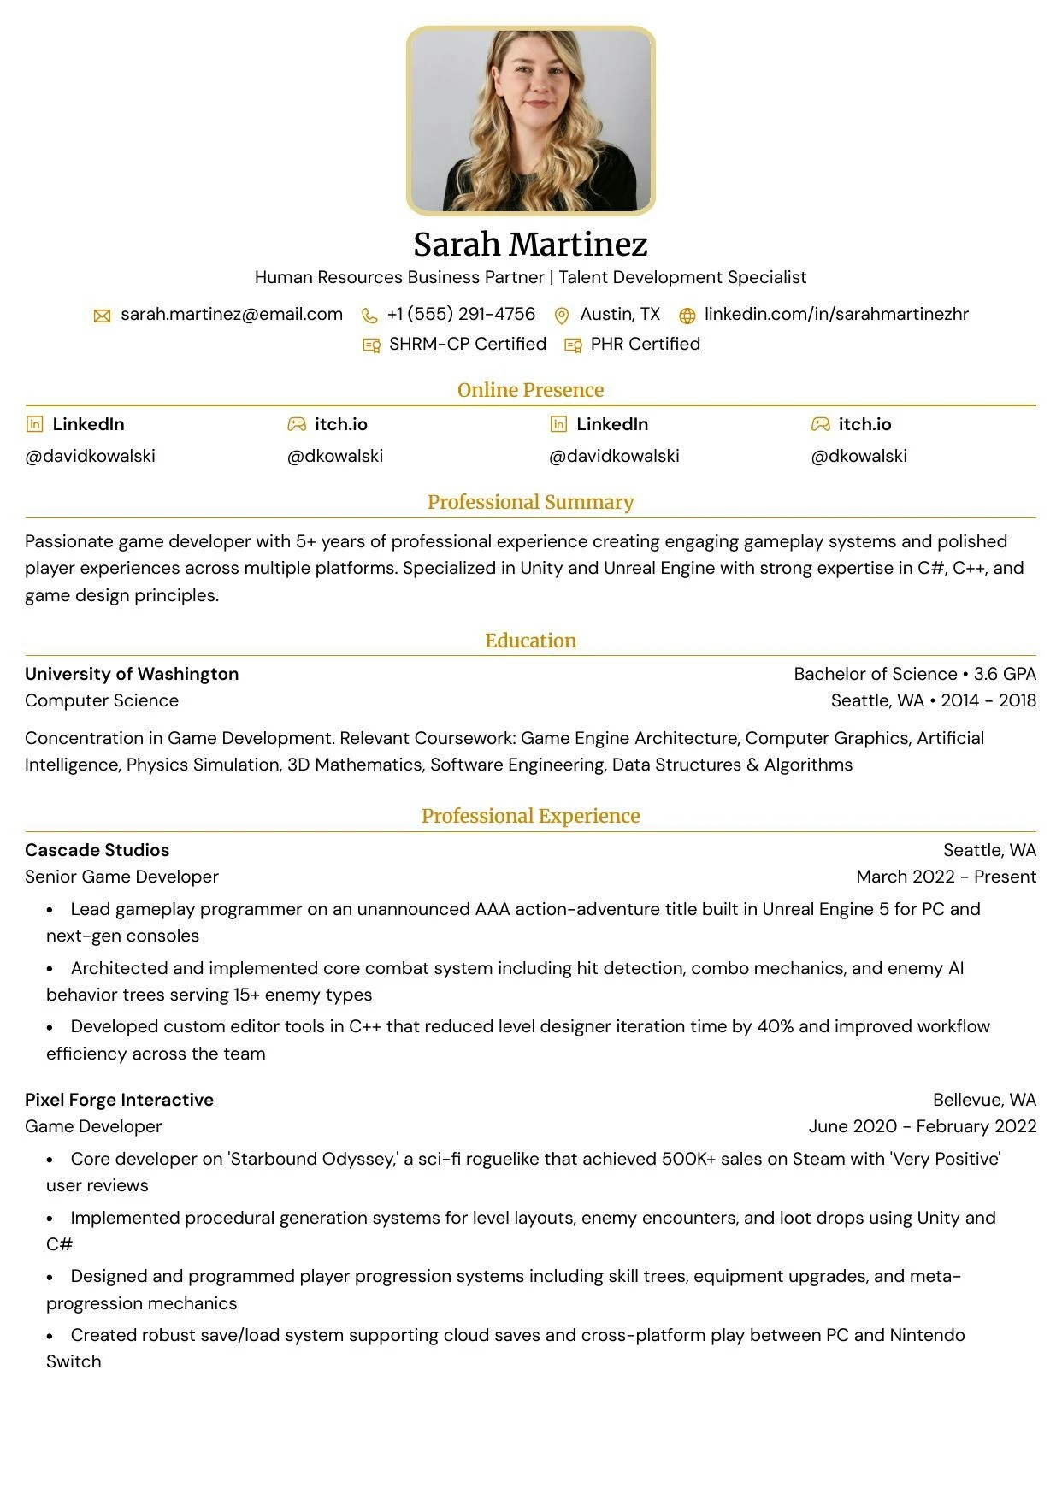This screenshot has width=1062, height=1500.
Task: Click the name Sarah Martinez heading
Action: pos(530,245)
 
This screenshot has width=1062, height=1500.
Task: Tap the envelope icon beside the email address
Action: pos(102,316)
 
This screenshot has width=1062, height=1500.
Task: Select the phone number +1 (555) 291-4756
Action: pos(461,314)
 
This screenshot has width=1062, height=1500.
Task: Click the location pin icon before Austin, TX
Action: pos(562,316)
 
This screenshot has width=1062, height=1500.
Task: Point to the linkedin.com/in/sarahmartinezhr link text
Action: pos(836,314)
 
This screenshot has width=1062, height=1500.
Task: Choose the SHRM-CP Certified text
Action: pos(467,344)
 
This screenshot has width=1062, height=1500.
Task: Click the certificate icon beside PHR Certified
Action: pos(573,345)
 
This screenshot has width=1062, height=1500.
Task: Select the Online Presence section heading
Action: pos(530,390)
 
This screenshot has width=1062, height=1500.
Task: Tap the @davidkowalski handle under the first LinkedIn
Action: pos(91,456)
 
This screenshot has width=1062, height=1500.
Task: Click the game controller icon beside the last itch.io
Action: pos(820,424)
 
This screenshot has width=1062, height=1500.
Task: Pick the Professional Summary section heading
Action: pos(530,502)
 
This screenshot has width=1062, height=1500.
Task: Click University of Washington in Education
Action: pos(132,674)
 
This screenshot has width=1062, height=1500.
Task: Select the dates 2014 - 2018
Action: pos(988,700)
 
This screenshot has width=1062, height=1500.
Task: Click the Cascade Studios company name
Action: pos(97,850)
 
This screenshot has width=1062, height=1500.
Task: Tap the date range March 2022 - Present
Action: pos(946,877)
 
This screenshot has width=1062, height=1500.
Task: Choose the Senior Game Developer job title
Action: pos(121,877)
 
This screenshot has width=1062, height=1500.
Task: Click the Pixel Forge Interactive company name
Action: pos(119,1100)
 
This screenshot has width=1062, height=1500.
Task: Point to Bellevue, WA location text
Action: pos(984,1100)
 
